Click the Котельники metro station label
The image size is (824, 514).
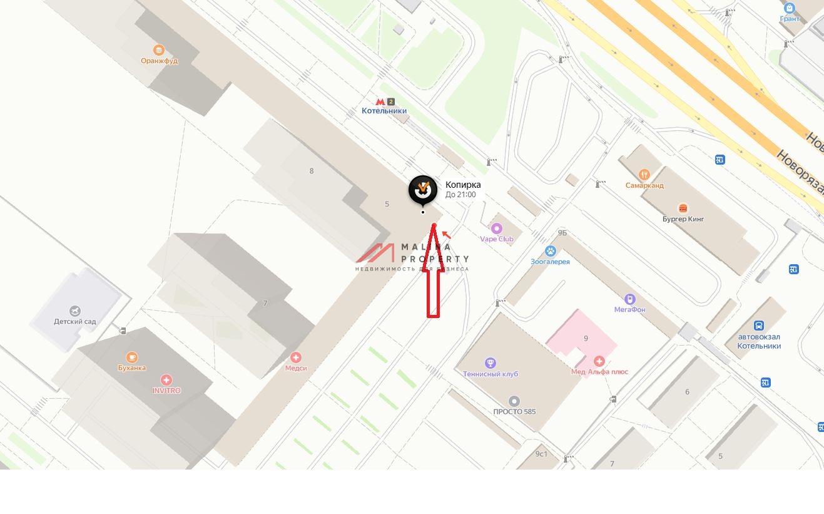pyautogui.click(x=384, y=111)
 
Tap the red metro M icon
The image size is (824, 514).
pyautogui.click(x=380, y=101)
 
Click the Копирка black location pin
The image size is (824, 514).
pyautogui.click(x=423, y=189)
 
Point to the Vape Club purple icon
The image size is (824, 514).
pyautogui.click(x=497, y=229)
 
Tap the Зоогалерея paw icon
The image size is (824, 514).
pyautogui.click(x=551, y=251)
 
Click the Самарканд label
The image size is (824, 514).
pyautogui.click(x=644, y=185)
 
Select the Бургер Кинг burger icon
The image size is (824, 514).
pyautogui.click(x=683, y=208)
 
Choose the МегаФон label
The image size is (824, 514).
pyautogui.click(x=629, y=309)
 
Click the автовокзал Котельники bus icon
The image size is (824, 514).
pyautogui.click(x=759, y=326)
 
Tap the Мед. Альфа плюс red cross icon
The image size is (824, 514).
pyautogui.click(x=599, y=361)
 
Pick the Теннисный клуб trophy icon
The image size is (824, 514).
pyautogui.click(x=491, y=363)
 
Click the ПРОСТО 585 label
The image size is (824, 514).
pyautogui.click(x=514, y=411)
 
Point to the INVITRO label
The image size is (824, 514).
pyautogui.click(x=166, y=391)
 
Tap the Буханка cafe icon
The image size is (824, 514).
pyautogui.click(x=132, y=357)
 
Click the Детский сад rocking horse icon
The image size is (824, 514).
pyautogui.click(x=75, y=311)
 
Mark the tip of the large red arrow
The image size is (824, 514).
pyautogui.click(x=434, y=224)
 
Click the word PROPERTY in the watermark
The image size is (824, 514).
pyautogui.click(x=435, y=259)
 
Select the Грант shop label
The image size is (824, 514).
pyautogui.click(x=790, y=19)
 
